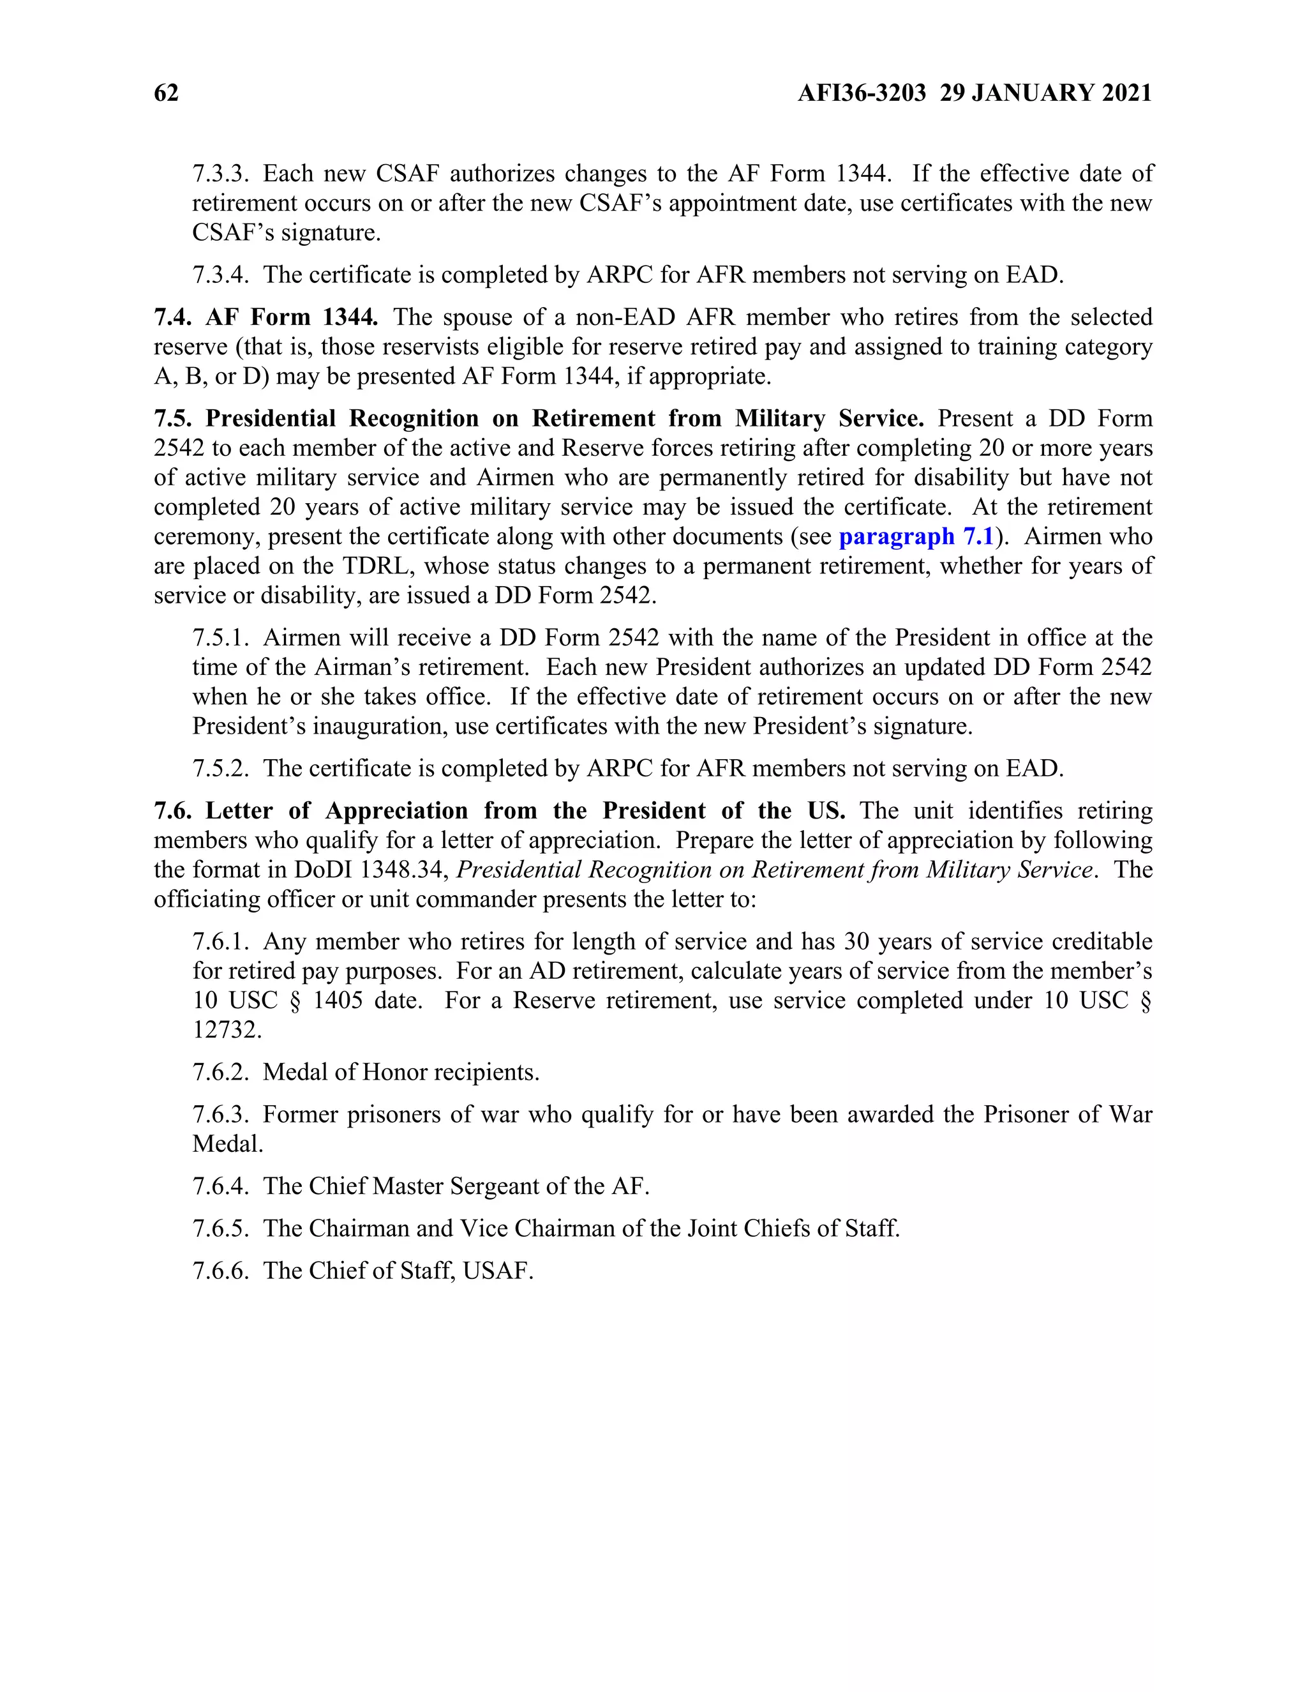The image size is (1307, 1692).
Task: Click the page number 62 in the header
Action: click(x=167, y=93)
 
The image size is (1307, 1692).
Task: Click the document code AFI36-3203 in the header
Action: click(x=861, y=93)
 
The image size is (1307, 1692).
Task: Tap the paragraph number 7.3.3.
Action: click(x=221, y=174)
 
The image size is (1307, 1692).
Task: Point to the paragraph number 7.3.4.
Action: click(x=221, y=275)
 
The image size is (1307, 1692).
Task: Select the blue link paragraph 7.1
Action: click(x=916, y=537)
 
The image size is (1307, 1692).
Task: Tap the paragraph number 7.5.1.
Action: click(x=221, y=638)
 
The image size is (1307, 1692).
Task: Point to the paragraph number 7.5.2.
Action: click(x=221, y=769)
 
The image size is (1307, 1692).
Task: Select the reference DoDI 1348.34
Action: click(x=371, y=870)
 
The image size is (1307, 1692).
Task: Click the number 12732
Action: click(x=227, y=1031)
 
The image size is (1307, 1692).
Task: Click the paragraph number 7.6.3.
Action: click(x=221, y=1115)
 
